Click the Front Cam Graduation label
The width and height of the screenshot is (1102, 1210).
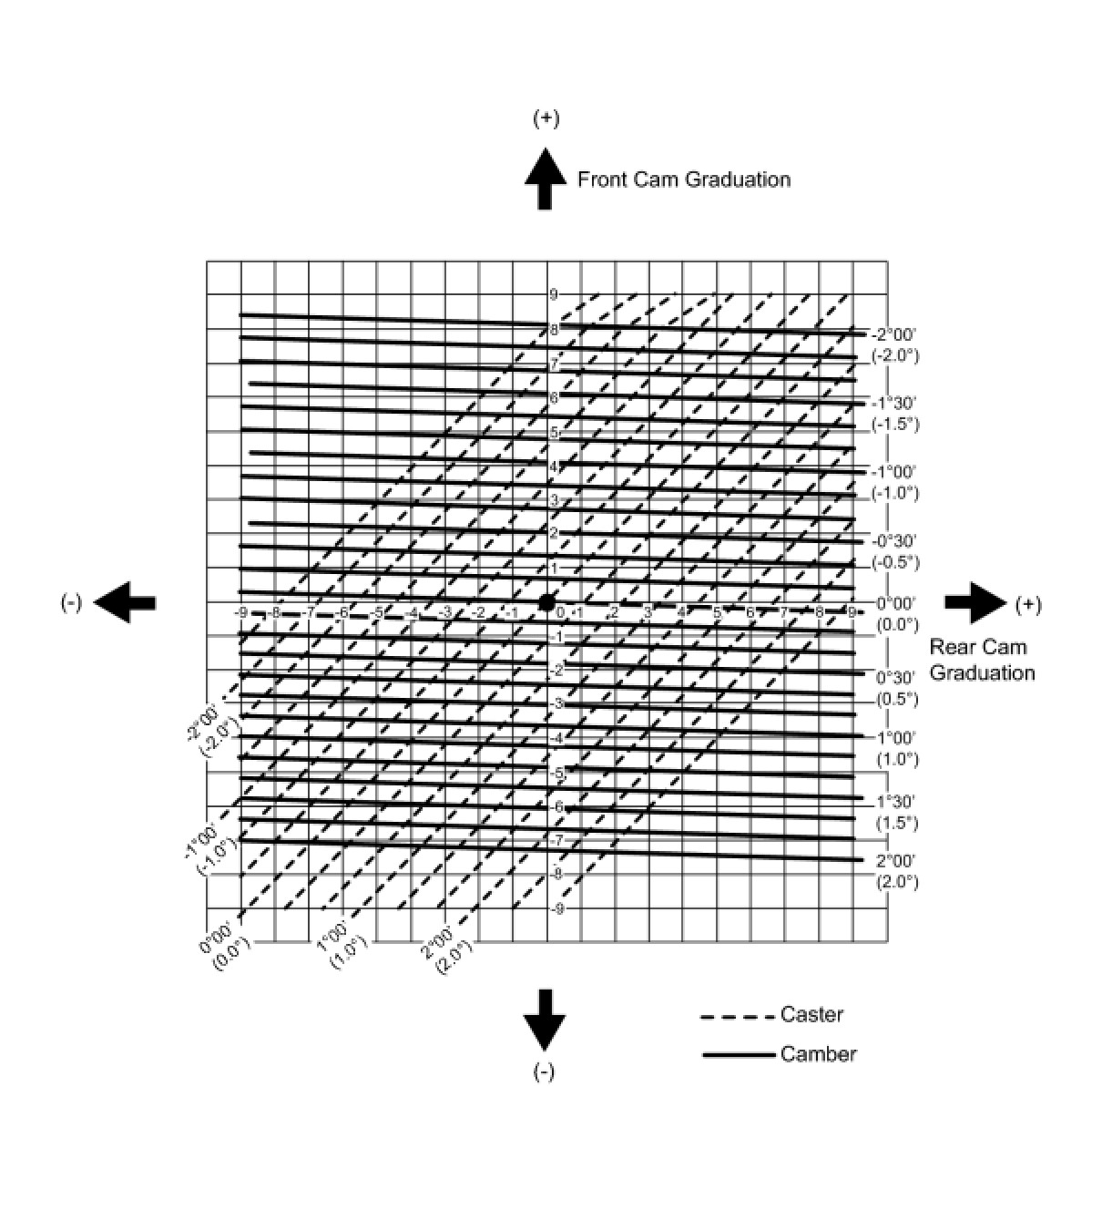click(x=683, y=179)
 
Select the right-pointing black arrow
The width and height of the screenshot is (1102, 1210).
click(x=974, y=602)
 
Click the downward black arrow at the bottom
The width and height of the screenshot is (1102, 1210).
click(x=545, y=1019)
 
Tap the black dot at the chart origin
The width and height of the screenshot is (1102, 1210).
click(x=546, y=602)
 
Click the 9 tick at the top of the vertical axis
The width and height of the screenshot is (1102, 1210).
click(x=553, y=294)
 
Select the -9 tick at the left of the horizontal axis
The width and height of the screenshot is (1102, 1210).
click(x=240, y=612)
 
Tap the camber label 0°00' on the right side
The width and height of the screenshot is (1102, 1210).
click(x=895, y=603)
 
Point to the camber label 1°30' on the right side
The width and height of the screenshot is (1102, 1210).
click(x=895, y=802)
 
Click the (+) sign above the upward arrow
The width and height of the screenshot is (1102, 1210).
click(x=546, y=118)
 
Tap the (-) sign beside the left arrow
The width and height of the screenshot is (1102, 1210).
click(x=71, y=603)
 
